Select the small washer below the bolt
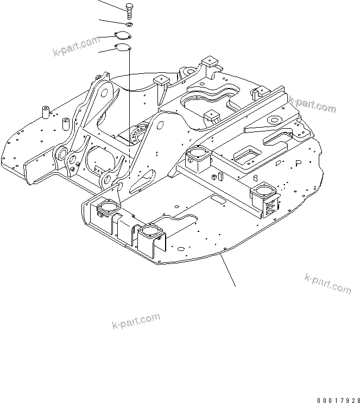(x=129, y=24)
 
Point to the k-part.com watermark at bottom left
(x=136, y=321)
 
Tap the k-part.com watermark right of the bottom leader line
(x=327, y=284)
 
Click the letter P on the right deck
(x=298, y=163)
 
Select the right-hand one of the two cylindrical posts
(x=66, y=124)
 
